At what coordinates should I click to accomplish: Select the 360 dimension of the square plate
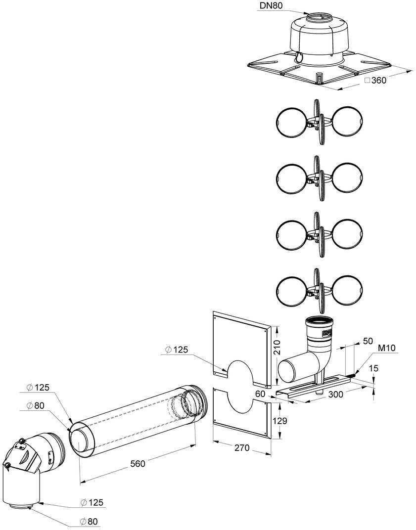pyautogui.click(x=378, y=81)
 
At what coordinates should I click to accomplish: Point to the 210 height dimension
pyautogui.click(x=278, y=349)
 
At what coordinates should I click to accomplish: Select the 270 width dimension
pyautogui.click(x=242, y=448)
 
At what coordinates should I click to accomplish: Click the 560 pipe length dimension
pyautogui.click(x=138, y=464)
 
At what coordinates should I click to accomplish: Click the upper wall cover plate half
pyautogui.click(x=241, y=346)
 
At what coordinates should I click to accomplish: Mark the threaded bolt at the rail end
pyautogui.click(x=353, y=377)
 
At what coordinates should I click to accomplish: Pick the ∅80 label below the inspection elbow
pyautogui.click(x=92, y=521)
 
